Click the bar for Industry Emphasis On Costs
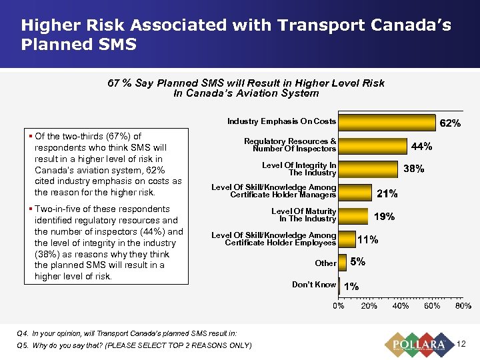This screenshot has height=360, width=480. tap(387, 122)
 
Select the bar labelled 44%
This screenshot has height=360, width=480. tap(372, 145)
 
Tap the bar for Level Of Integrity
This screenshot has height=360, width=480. tap(367, 169)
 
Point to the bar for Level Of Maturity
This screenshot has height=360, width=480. tap(353, 215)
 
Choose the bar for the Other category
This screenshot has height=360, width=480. tap(342, 263)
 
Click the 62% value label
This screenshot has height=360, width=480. tap(450, 123)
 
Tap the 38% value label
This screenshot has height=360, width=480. tap(414, 169)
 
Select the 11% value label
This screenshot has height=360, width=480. tap(368, 239)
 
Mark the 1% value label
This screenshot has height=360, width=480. tap(351, 286)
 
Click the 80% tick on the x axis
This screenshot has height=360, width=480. tap(463, 306)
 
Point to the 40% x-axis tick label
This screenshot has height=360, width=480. tap(401, 306)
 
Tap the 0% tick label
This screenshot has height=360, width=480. tap(339, 306)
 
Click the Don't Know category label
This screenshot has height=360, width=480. tap(313, 285)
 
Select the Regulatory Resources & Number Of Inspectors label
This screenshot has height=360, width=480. tap(290, 145)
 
